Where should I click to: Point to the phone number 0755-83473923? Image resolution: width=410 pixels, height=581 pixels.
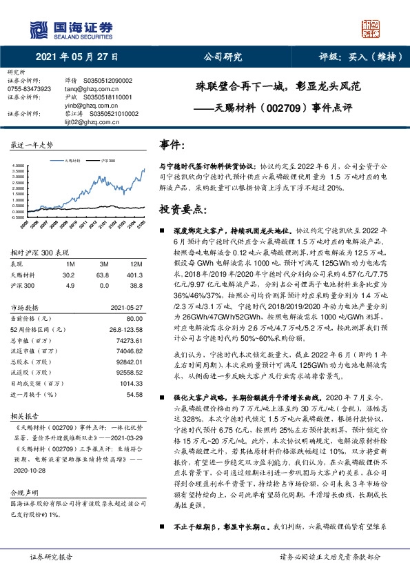pyautogui.click(x=28, y=89)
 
